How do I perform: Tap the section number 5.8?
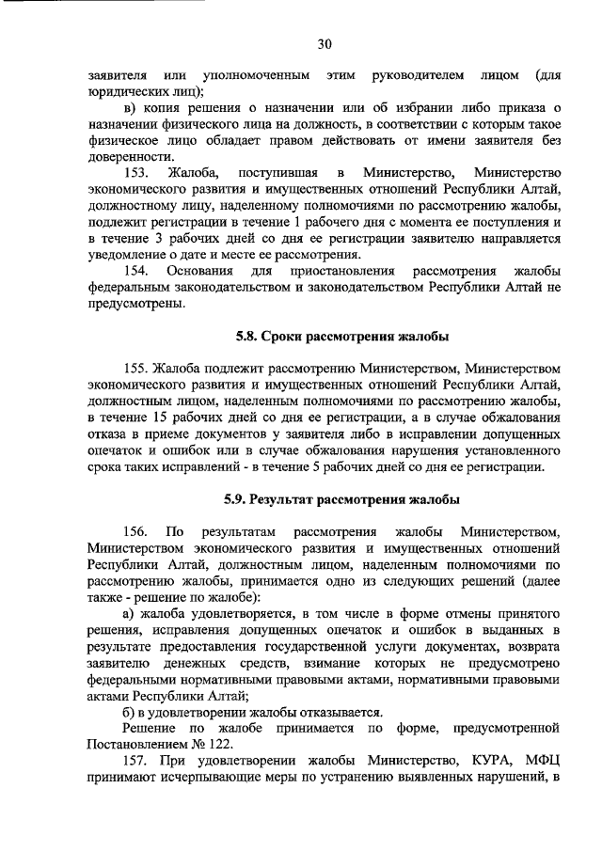[x=248, y=336]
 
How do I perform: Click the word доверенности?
[x=130, y=156]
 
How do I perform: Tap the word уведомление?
[x=129, y=255]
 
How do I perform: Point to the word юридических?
[x=126, y=90]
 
